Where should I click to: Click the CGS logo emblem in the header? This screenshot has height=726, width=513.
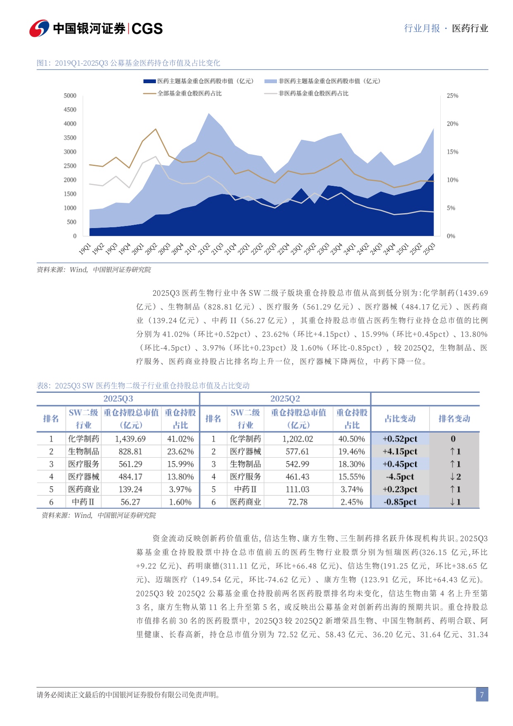tap(39, 28)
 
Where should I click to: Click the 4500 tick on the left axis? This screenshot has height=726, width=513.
tap(70, 110)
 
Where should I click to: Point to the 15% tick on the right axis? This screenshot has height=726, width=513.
tap(452, 152)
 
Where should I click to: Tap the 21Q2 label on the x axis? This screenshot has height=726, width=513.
tap(204, 249)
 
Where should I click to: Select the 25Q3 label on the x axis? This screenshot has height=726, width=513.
tap(429, 249)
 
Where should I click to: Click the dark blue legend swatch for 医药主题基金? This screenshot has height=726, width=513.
tap(149, 82)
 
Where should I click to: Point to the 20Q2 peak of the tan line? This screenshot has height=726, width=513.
tap(156, 129)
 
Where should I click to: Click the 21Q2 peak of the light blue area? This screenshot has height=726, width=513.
tap(209, 113)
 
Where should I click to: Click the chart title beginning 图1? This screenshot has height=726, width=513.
tap(128, 63)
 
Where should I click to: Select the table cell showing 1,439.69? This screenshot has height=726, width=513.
tap(130, 439)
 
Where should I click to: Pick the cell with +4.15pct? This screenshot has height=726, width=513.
tap(400, 452)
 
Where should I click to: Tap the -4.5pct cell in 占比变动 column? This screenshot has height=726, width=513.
tap(400, 477)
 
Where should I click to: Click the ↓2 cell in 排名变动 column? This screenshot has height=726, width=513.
tap(455, 477)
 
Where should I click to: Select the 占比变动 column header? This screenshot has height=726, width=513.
tap(400, 418)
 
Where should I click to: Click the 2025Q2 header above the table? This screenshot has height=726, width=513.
tap(285, 399)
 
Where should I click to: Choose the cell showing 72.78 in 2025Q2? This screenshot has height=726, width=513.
tap(298, 502)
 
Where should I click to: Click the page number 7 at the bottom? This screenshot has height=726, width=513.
tap(482, 695)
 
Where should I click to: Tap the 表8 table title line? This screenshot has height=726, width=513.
tap(143, 386)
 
